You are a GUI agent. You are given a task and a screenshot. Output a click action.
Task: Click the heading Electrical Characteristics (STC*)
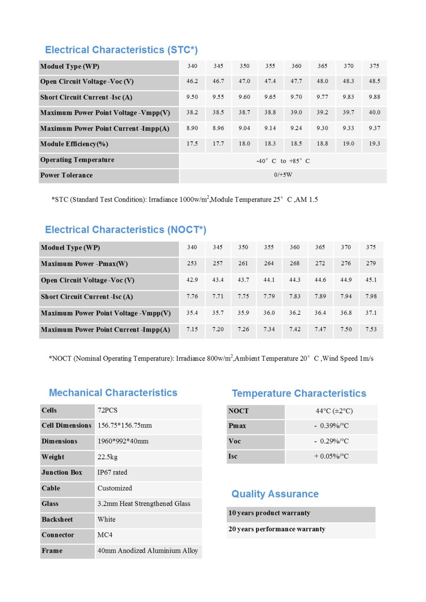(x=121, y=50)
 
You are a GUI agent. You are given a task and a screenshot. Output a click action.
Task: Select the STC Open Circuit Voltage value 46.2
(x=192, y=81)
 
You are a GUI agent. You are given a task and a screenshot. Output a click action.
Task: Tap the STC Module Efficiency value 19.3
(x=374, y=143)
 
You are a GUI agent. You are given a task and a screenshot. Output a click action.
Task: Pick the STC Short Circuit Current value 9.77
(x=322, y=97)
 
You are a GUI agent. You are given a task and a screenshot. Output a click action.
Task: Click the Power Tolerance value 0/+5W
(x=283, y=175)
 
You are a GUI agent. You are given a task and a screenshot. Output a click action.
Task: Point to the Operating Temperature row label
(x=77, y=160)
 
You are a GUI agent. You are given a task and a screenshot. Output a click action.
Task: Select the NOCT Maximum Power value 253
(x=192, y=263)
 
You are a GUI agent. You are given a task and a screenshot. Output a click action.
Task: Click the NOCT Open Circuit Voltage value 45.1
(x=371, y=280)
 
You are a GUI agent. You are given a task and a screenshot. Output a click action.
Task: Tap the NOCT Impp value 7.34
(x=269, y=329)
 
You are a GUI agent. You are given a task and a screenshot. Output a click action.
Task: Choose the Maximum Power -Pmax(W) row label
(x=84, y=264)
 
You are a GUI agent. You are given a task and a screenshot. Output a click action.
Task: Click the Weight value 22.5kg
(x=108, y=457)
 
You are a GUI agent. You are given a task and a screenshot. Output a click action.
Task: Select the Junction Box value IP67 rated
(x=112, y=472)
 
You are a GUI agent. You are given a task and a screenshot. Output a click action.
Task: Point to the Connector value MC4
(x=105, y=535)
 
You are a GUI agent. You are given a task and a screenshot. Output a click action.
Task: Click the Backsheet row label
(x=57, y=519)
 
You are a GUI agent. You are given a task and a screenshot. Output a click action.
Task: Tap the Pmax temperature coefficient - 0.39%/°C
(x=332, y=426)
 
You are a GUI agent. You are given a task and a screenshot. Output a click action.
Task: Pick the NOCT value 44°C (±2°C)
(x=334, y=411)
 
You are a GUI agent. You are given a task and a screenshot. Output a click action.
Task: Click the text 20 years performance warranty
(x=277, y=529)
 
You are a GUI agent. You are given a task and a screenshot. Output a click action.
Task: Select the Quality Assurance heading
(x=275, y=494)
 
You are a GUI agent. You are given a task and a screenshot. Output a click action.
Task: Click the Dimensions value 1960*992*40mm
(x=123, y=441)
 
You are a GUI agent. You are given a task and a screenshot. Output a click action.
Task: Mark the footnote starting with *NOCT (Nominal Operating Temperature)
(x=211, y=358)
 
